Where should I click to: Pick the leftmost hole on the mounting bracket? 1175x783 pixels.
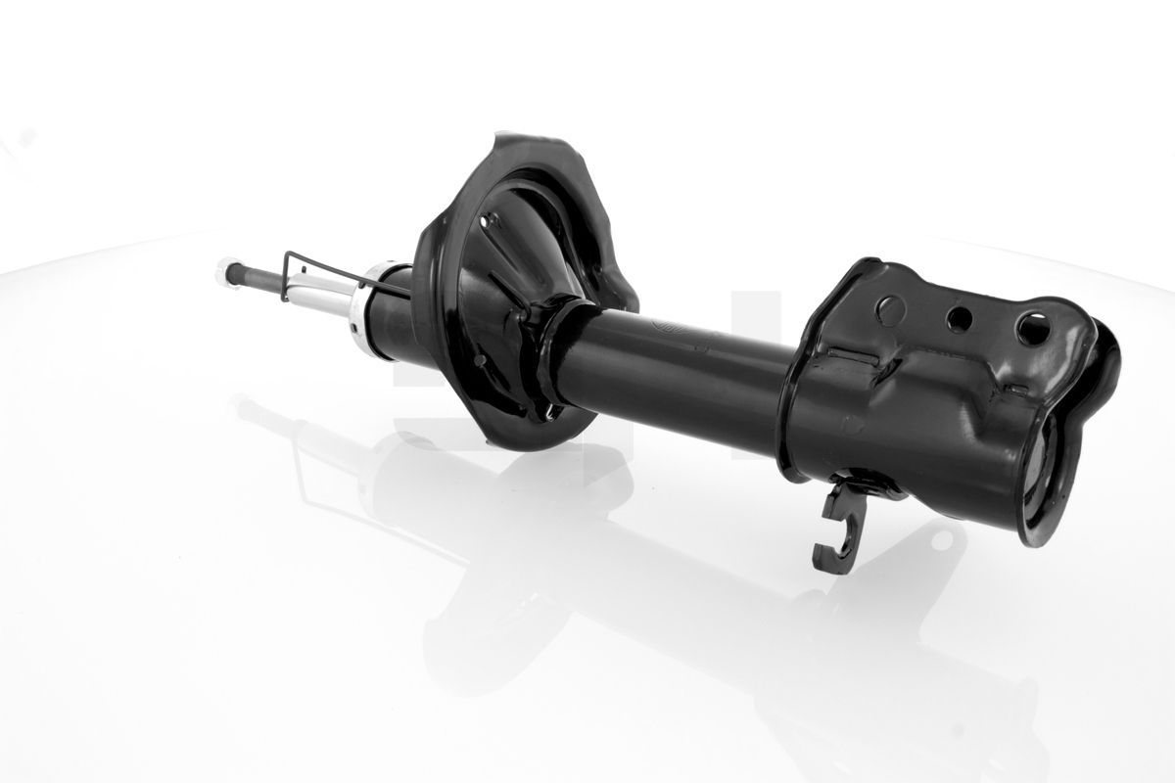888,308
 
